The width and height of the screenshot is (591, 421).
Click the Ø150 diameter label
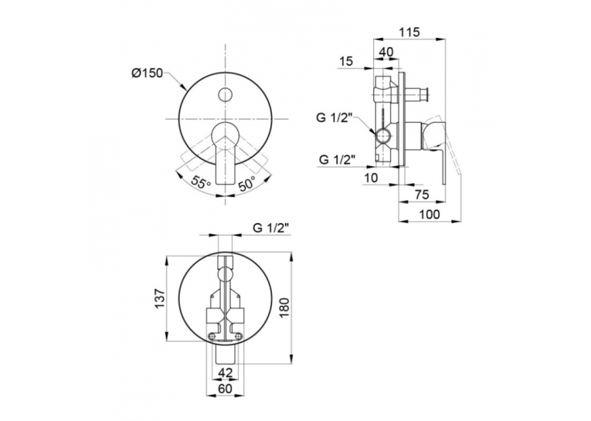click(x=147, y=73)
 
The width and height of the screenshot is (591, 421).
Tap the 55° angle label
click(x=201, y=182)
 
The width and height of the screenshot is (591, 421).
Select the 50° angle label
click(x=247, y=183)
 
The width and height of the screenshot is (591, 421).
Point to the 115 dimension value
click(x=409, y=32)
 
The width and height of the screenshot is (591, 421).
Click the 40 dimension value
click(x=386, y=52)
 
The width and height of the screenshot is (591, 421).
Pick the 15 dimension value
click(x=346, y=61)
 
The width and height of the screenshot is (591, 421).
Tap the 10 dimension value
click(x=371, y=178)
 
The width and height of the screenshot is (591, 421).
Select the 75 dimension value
click(x=422, y=195)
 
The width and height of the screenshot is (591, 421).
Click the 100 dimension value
click(x=430, y=214)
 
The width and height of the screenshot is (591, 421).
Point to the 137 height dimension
click(x=160, y=299)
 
